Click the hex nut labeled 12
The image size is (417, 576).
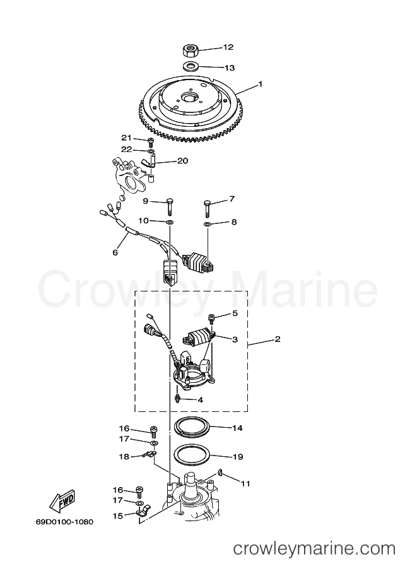tap(191, 50)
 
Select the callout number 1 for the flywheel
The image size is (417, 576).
tap(261, 84)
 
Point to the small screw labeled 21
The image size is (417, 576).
tap(150, 142)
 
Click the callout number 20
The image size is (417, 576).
tap(182, 161)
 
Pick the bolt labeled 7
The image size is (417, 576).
tap(208, 208)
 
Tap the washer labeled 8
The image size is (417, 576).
tap(208, 224)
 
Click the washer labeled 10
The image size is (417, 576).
tap(170, 222)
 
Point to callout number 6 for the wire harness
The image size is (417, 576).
tap(115, 253)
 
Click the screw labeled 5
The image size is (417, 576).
tap(211, 318)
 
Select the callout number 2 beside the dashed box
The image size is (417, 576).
tap(278, 339)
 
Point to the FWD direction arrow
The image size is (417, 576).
tap(62, 501)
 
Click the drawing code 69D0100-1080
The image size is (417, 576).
tap(64, 522)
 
